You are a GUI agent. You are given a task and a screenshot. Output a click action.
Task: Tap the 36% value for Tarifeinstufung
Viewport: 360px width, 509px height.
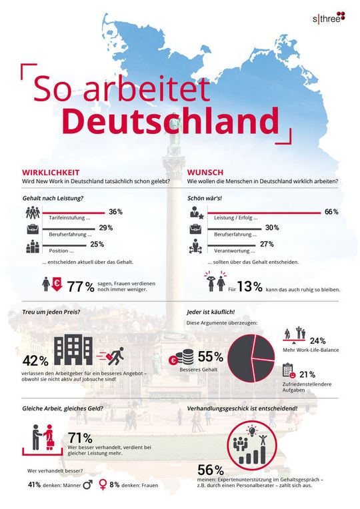(x=115, y=212)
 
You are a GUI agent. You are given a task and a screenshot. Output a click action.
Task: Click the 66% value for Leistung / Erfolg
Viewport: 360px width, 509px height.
(x=331, y=212)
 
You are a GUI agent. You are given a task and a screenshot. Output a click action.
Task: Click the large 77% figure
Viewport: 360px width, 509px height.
(x=80, y=287)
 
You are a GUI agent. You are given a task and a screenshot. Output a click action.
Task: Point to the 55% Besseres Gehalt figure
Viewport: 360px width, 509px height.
(x=208, y=356)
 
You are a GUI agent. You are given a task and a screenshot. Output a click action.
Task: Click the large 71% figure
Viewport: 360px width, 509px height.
(x=81, y=438)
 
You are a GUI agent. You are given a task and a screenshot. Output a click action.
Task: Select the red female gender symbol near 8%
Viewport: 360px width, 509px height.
(x=103, y=486)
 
